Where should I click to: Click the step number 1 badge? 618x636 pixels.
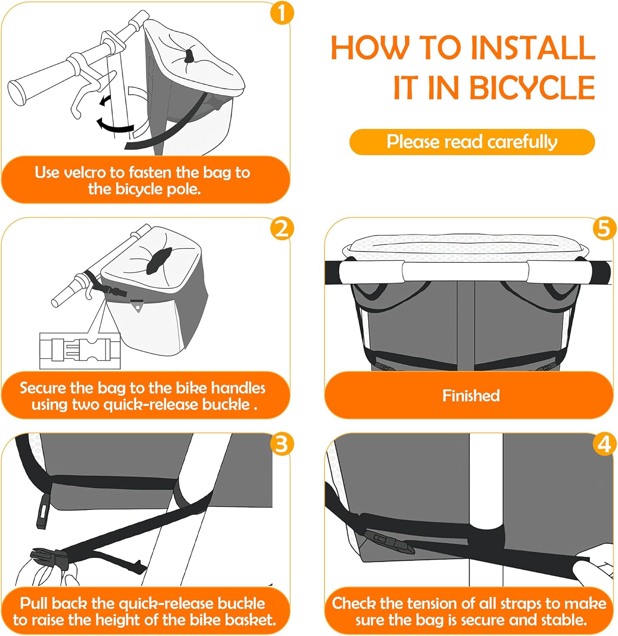[282, 13]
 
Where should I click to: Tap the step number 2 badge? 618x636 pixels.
[282, 229]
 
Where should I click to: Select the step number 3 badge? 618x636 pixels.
[282, 444]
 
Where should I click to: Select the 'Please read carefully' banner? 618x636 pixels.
[472, 142]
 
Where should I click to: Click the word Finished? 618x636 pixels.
[471, 396]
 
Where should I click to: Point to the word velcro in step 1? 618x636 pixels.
[84, 173]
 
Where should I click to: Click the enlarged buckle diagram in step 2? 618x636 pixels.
[80, 351]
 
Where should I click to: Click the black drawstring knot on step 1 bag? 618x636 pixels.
[189, 55]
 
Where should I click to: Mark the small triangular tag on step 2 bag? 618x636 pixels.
[137, 306]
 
